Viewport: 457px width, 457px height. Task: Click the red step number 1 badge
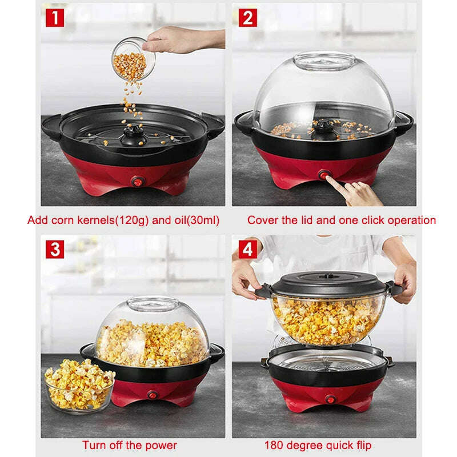(x=55, y=18)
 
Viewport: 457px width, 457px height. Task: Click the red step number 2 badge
(x=246, y=18)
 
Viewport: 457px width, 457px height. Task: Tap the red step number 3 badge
(x=55, y=249)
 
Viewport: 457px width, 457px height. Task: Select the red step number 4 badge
(x=246, y=249)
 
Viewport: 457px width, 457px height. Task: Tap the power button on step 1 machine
(x=137, y=181)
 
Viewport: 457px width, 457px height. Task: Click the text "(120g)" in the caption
(x=133, y=220)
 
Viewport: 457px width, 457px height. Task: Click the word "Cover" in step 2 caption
(x=260, y=220)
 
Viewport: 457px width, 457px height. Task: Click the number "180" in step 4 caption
(x=274, y=445)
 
